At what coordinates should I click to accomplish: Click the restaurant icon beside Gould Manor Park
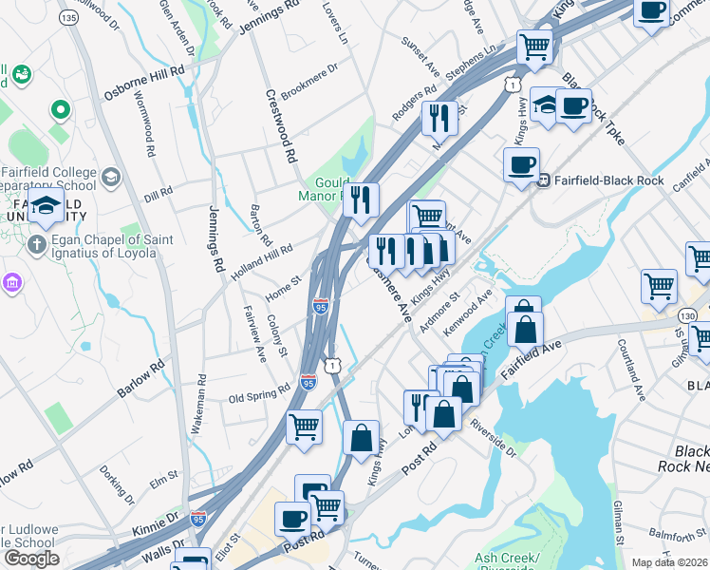click(x=360, y=200)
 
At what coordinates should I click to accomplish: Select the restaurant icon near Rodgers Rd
click(x=439, y=119)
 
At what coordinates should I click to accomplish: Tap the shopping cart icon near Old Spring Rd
click(x=305, y=427)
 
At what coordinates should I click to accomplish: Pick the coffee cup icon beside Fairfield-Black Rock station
click(x=520, y=165)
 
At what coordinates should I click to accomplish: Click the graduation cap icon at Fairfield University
click(x=46, y=205)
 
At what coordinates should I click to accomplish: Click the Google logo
click(x=31, y=559)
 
